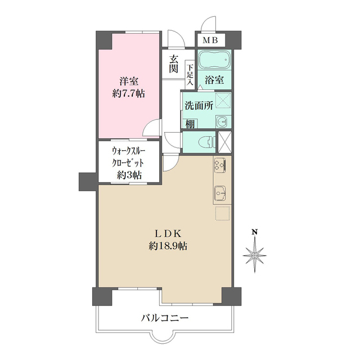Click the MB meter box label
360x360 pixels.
(x=210, y=40)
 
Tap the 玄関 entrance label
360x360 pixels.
(x=174, y=64)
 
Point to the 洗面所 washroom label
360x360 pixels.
(x=198, y=105)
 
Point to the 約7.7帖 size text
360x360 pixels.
(x=129, y=93)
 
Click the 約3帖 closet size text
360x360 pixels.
(x=129, y=175)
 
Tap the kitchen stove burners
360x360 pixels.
(x=220, y=165)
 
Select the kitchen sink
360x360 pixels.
(x=220, y=193)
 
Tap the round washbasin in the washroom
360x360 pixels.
(x=221, y=120)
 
